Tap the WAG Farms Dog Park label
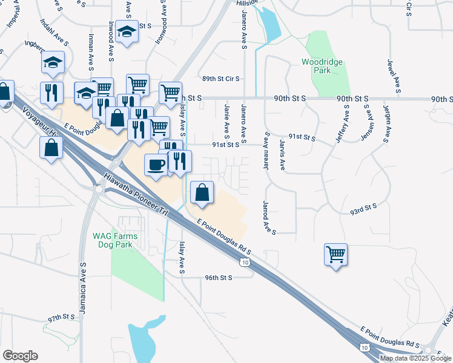coord(115,240)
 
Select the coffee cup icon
coord(156,165)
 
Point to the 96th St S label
coord(219,278)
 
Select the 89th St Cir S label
coord(221,79)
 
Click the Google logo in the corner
coord(20,356)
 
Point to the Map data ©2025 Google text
coord(415,358)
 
